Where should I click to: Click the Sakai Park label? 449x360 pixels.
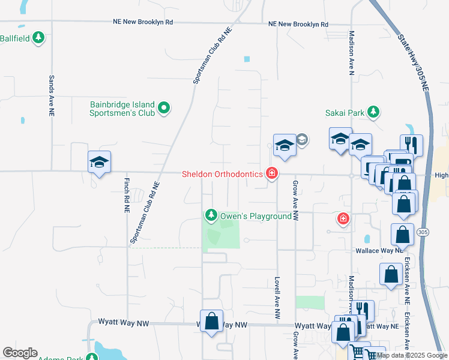[344, 112]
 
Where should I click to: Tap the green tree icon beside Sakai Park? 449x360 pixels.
[374, 112]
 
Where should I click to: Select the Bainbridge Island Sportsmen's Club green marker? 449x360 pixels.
[164, 109]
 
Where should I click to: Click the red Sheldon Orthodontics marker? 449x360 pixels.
[272, 174]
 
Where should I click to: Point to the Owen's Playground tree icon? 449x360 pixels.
[211, 215]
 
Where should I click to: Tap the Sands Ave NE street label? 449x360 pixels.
[52, 95]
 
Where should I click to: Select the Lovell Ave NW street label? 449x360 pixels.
[277, 297]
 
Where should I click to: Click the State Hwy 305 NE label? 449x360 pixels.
[414, 62]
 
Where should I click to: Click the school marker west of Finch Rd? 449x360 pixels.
[100, 162]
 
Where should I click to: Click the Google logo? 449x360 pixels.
[20, 353]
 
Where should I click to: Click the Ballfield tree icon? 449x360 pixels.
[38, 38]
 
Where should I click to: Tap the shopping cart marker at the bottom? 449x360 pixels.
[358, 352]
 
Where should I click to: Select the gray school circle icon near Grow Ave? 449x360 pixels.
[301, 140]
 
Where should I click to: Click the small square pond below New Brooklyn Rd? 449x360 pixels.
[246, 59]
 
